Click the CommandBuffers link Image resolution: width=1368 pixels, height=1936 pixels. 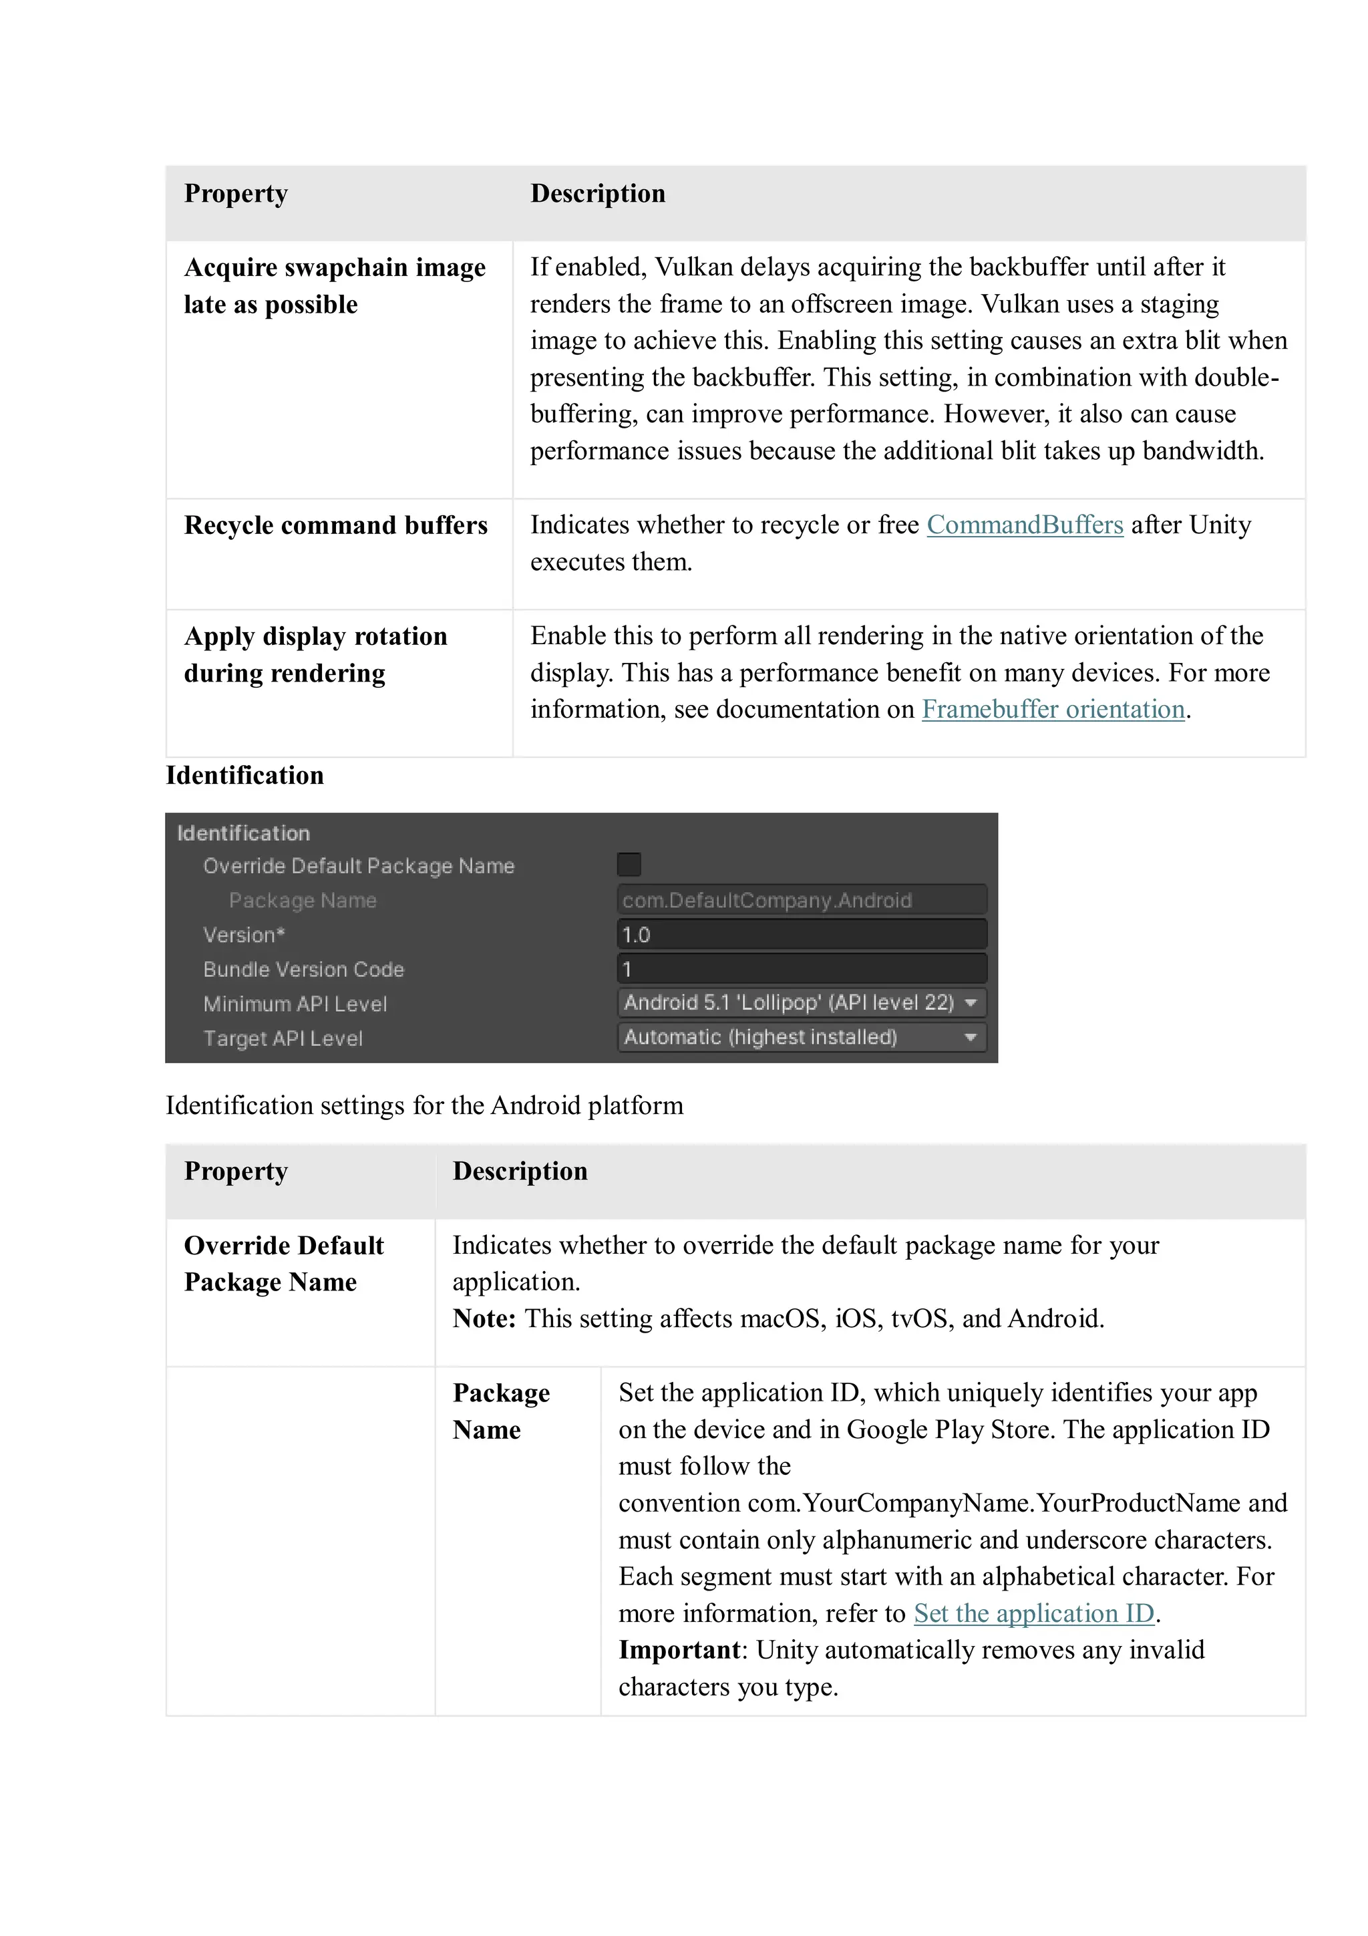click(1024, 525)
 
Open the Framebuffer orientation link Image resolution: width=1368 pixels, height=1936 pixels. click(1053, 709)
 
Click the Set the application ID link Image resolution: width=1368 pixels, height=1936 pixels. click(1033, 1613)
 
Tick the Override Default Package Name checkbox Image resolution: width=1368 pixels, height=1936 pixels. click(629, 864)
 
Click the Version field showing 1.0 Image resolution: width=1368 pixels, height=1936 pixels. click(801, 934)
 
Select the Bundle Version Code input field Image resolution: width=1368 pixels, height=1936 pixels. click(801, 969)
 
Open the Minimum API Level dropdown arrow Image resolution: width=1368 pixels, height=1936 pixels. click(971, 1002)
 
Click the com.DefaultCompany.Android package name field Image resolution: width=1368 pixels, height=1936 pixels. click(801, 900)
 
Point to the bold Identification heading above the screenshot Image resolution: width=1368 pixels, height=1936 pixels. click(244, 775)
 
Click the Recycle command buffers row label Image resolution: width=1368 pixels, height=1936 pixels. click(335, 525)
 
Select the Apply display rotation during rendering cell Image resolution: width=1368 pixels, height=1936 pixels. click(315, 654)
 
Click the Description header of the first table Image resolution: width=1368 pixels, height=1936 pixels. click(598, 193)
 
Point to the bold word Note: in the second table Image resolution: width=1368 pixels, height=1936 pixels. click(484, 1318)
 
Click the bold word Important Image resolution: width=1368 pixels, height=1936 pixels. click(679, 1649)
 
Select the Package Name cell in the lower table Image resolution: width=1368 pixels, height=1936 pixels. click(501, 1411)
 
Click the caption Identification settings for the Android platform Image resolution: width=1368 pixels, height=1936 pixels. click(424, 1105)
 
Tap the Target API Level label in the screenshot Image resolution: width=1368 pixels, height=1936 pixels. click(283, 1038)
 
